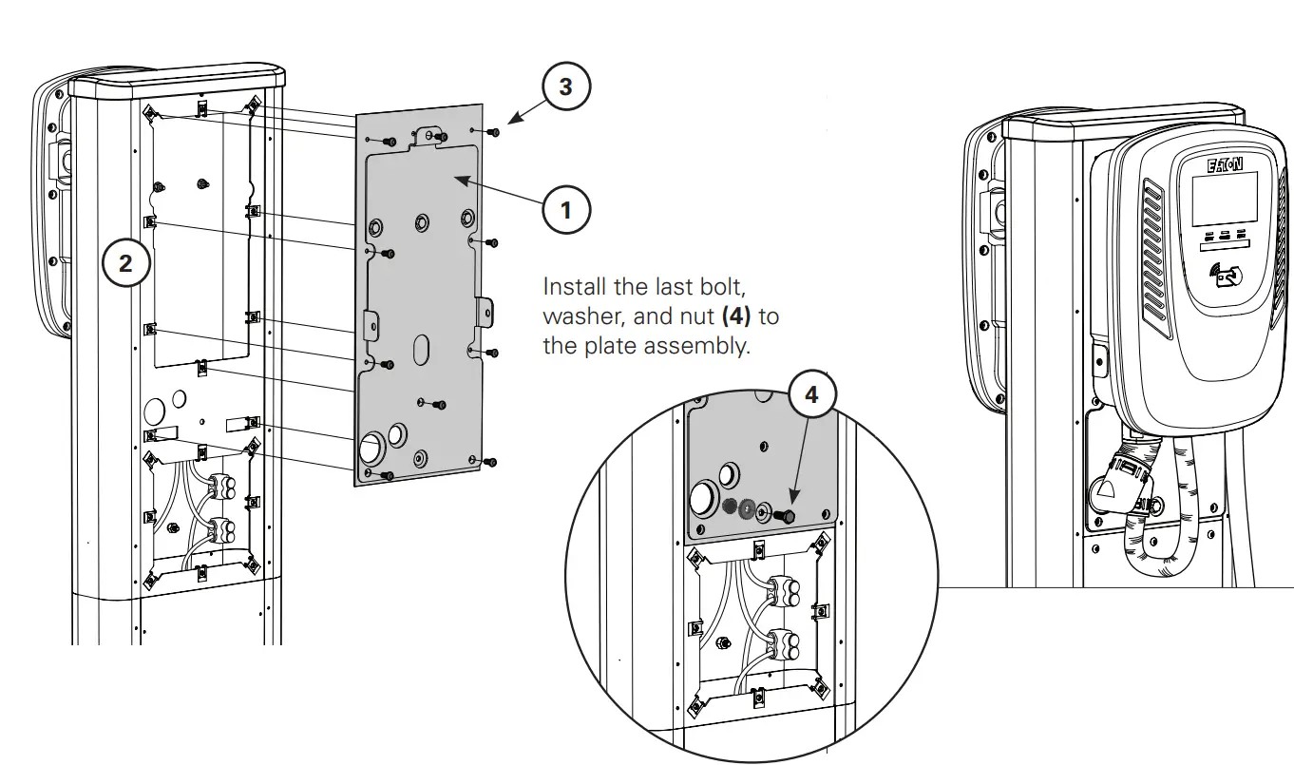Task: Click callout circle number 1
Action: click(566, 209)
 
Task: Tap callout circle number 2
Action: click(125, 263)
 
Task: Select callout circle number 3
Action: click(565, 87)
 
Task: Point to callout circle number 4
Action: click(810, 394)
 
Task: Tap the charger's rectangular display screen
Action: click(1225, 200)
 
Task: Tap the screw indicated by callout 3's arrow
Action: click(493, 132)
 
